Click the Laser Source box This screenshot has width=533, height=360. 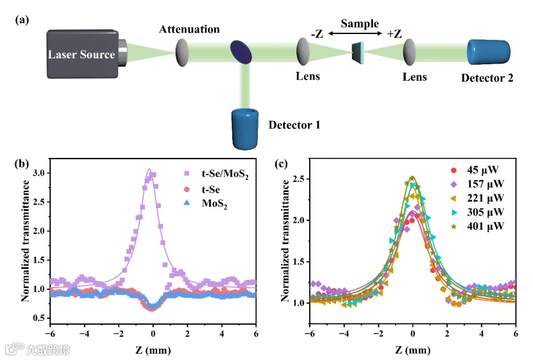click(81, 54)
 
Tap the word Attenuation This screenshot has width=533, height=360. click(190, 30)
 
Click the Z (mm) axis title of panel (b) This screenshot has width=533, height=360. click(152, 350)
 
